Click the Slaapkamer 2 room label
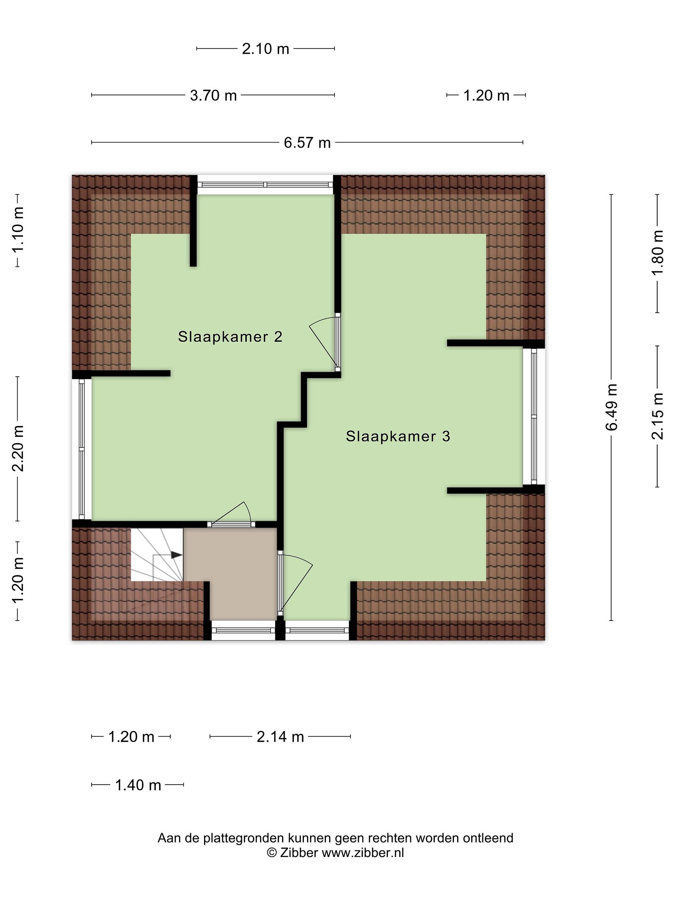tap(230, 337)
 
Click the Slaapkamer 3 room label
tap(398, 436)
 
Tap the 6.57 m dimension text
tap(307, 143)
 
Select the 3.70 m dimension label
tap(213, 96)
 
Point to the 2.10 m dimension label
tap(265, 49)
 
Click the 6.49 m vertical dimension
tap(612, 407)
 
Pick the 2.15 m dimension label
tap(657, 416)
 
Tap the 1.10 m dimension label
tap(18, 230)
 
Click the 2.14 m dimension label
tap(280, 737)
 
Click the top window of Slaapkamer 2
tap(265, 185)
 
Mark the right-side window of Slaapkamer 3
tap(533, 417)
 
